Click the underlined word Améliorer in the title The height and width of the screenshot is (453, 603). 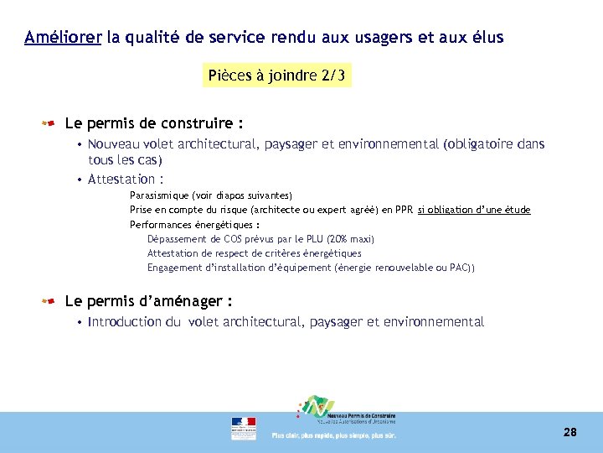[63, 38]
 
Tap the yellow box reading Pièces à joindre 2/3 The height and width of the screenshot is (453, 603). [276, 76]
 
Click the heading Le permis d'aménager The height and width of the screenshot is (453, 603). [147, 301]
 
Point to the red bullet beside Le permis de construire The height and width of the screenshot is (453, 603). [49, 124]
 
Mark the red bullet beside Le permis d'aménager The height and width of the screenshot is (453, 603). [49, 301]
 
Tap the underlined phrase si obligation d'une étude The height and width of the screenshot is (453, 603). [474, 210]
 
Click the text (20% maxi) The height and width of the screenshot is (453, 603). [353, 239]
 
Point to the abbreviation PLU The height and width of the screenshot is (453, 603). [314, 239]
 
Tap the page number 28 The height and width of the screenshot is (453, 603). [570, 433]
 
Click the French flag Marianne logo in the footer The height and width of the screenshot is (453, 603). [244, 428]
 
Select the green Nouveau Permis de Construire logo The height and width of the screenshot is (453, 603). [317, 408]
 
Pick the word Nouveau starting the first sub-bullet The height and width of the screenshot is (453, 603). [114, 144]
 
